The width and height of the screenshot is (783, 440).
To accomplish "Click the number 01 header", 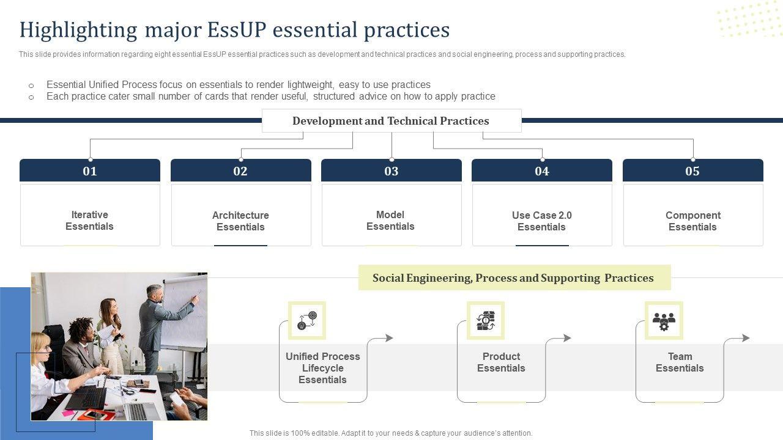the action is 90,170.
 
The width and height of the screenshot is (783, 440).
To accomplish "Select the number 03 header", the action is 391,170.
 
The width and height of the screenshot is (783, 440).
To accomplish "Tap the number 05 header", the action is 693,170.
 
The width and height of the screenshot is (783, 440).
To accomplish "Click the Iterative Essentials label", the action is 89,221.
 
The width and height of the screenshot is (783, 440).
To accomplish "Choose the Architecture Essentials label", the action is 240,221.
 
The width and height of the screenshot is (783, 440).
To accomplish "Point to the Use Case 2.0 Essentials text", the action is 542,221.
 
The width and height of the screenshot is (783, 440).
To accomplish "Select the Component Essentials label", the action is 693,221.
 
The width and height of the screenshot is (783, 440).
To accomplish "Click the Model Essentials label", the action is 390,221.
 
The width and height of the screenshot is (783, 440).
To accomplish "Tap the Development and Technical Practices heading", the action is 391,121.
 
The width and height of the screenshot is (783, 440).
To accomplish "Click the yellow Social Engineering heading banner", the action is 514,277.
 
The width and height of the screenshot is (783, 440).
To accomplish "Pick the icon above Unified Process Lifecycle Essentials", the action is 307,320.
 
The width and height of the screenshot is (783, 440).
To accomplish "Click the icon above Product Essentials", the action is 486,320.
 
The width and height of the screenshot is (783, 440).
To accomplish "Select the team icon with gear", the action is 664,320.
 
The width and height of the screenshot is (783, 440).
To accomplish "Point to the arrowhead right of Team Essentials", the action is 746,338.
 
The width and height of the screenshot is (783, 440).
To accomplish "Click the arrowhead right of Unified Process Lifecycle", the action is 389,338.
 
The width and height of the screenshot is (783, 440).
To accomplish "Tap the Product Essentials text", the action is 501,362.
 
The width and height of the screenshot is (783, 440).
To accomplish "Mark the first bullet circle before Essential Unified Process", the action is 31,86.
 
